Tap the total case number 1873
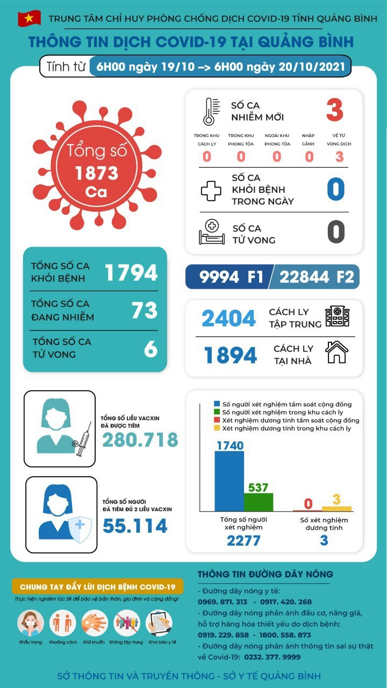point(97,173)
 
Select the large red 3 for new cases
point(334,110)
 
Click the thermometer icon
point(209,111)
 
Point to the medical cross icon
point(210,190)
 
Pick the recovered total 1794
point(131,273)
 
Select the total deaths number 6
point(150,349)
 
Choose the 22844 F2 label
point(317,277)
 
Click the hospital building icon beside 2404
point(337,317)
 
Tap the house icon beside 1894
point(336,353)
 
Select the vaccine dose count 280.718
point(140,440)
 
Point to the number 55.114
point(135,526)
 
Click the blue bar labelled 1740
point(229,481)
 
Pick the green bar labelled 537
point(258,502)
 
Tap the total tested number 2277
point(243,540)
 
